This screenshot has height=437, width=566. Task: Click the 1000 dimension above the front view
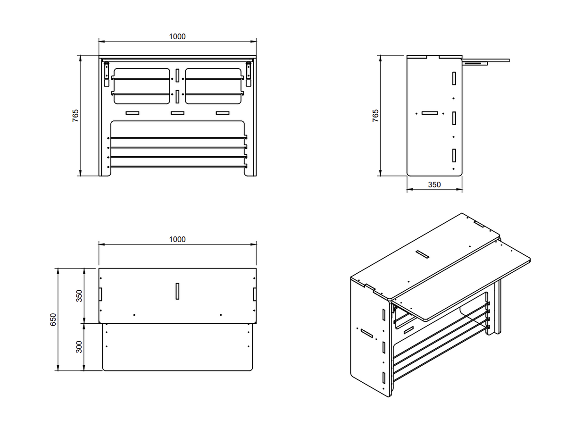177,36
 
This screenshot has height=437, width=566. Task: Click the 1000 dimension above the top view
177,239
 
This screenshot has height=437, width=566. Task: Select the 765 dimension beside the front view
75,116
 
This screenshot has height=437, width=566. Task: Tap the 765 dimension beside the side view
375,116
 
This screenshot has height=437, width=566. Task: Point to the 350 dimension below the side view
434,185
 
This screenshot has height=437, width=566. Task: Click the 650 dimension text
53,319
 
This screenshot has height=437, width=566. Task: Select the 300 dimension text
79,347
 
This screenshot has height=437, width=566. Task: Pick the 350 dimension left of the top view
79,296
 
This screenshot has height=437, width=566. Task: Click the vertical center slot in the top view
177,291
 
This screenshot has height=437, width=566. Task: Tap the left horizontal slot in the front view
133,113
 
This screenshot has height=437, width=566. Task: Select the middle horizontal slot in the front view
177,113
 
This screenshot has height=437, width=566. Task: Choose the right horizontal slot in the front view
223,113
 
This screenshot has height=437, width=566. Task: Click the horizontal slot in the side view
430,113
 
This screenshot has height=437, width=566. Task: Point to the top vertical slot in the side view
454,78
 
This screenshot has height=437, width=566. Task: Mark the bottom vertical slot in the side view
454,155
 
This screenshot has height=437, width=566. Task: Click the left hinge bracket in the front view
106,74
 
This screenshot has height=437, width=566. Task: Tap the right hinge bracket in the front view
249,74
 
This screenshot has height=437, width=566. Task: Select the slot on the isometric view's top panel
422,254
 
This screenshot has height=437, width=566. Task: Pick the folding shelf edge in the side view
486,61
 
